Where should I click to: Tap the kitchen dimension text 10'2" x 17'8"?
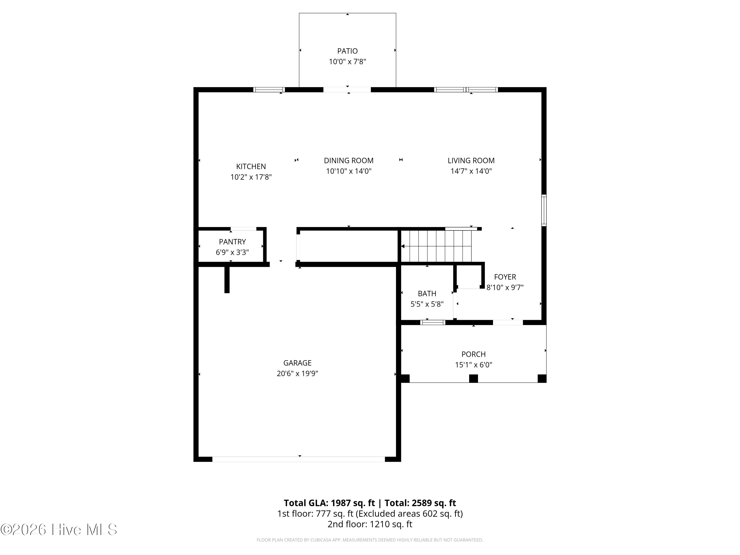pos(251,177)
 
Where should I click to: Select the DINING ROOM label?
pos(349,161)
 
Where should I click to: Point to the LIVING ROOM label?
pos(471,161)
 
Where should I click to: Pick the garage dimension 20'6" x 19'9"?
pos(297,373)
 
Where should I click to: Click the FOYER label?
pos(505,277)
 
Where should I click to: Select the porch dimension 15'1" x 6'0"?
pos(473,365)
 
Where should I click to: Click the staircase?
pos(436,246)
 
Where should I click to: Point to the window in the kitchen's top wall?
pos(269,90)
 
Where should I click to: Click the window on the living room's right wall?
pos(544,210)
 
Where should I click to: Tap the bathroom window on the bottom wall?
pos(433,322)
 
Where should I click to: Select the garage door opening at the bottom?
pos(298,459)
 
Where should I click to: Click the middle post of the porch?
pos(473,378)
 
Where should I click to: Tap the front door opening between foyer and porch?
pos(508,322)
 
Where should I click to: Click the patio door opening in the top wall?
pos(347,90)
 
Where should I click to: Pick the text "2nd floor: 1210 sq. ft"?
pos(370,524)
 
